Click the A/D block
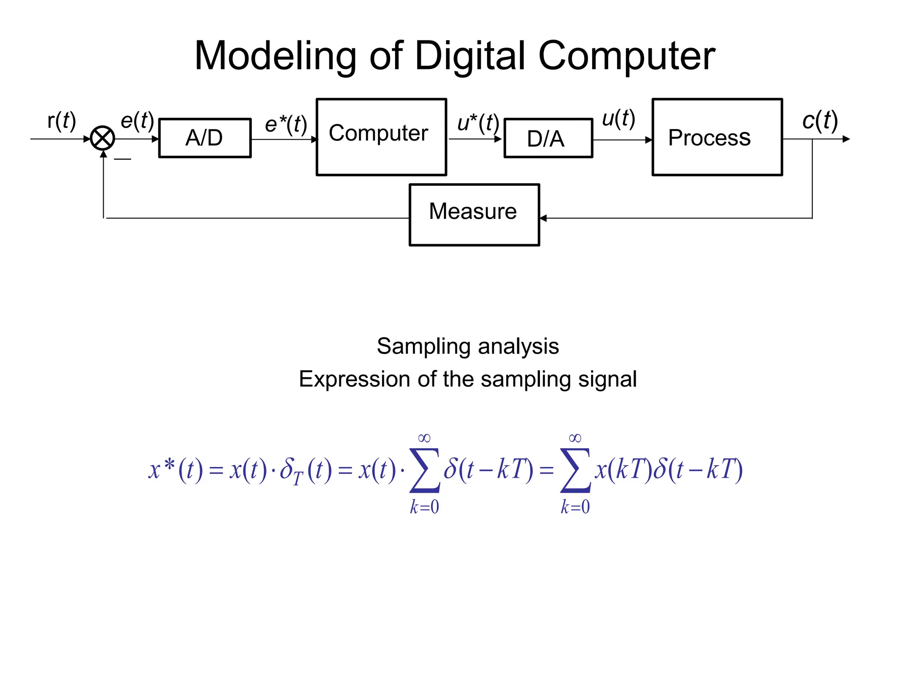coord(205,138)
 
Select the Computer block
coord(381,137)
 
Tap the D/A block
coord(548,138)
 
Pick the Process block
coord(717,137)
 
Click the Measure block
coord(474,214)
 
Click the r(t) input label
coord(62,120)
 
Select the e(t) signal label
coord(137,120)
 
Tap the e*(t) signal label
coord(286,124)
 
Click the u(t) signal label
coord(618,118)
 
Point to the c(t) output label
coord(820,120)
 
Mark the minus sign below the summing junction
coord(122,159)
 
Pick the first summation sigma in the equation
coord(425,470)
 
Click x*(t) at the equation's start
coord(175,469)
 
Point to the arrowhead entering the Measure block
coord(543,218)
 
